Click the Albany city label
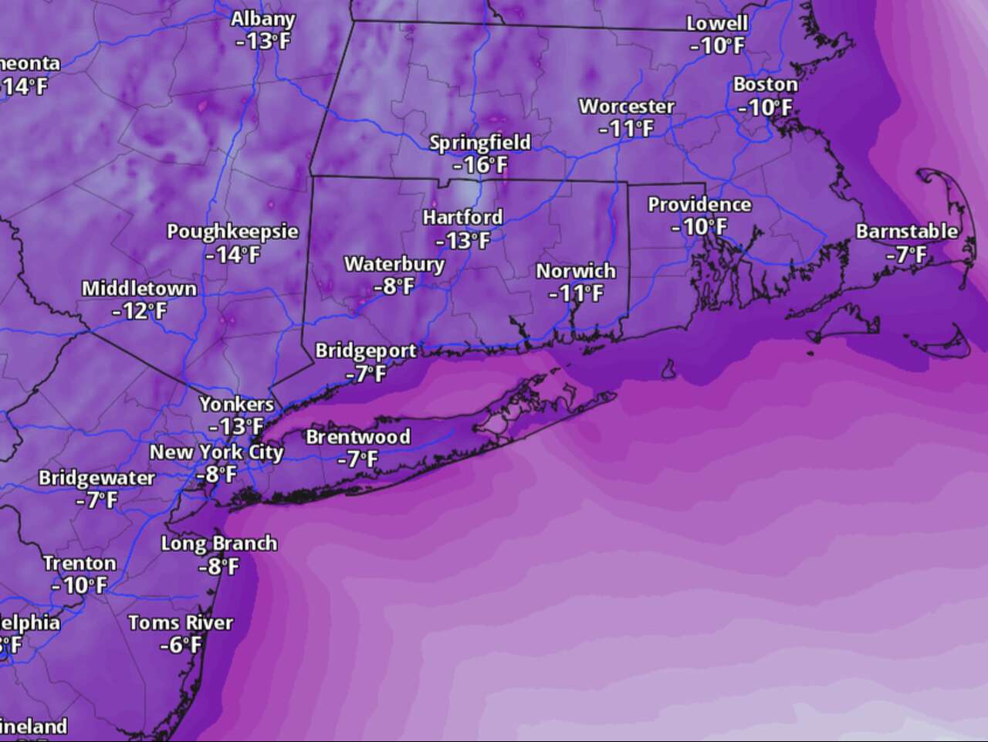tap(262, 19)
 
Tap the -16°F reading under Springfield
tap(480, 164)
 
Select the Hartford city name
tap(462, 217)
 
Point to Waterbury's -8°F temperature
tap(394, 286)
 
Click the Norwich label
tap(576, 271)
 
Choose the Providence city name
tap(699, 205)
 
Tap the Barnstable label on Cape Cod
tap(906, 231)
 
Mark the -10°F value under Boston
tap(764, 107)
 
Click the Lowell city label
tap(717, 23)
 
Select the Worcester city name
tap(627, 107)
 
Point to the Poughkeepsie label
tap(232, 232)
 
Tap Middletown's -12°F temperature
tap(139, 311)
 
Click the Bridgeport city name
tap(366, 351)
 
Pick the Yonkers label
tap(236, 404)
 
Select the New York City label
tap(216, 452)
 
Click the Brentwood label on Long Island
tap(358, 437)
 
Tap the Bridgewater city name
tap(96, 478)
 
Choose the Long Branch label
tap(218, 544)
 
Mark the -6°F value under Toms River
tap(181, 644)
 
